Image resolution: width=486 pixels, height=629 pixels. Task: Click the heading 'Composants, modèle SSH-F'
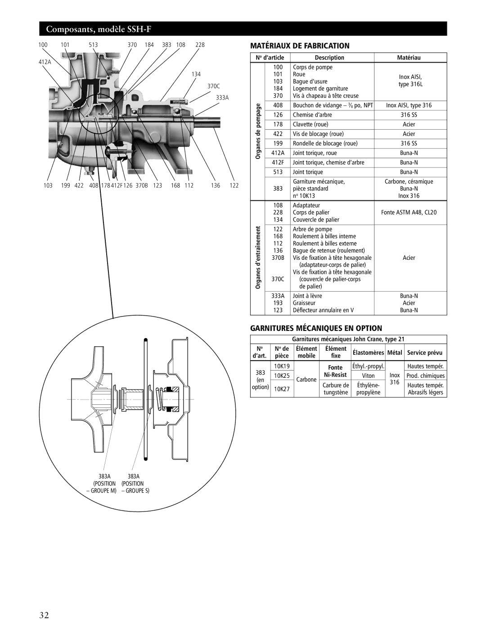pyautogui.click(x=99, y=29)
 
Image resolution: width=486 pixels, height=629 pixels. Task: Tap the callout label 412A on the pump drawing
pyautogui.click(x=45, y=62)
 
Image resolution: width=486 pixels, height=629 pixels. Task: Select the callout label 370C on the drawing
pyautogui.click(x=214, y=86)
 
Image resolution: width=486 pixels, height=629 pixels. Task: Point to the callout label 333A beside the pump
pyautogui.click(x=222, y=98)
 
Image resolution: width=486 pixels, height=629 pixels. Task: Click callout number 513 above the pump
pyautogui.click(x=93, y=45)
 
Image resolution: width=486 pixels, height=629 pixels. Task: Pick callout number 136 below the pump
pyautogui.click(x=216, y=186)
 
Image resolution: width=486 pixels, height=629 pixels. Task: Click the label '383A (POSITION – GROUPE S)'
pyautogui.click(x=134, y=484)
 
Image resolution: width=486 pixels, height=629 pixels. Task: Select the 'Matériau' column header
pyautogui.click(x=409, y=58)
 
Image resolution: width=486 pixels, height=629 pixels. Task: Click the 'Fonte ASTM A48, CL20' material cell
pyautogui.click(x=409, y=213)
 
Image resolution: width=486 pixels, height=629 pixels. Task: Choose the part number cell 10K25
pyautogui.click(x=282, y=376)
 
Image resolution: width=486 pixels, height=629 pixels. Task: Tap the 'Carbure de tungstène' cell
pyautogui.click(x=336, y=389)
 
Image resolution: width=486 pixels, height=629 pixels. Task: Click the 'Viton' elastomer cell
pyautogui.click(x=368, y=376)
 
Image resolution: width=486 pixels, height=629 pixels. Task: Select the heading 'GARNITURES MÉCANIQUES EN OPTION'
pyautogui.click(x=316, y=328)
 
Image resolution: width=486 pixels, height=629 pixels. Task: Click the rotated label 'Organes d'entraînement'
pyautogui.click(x=258, y=258)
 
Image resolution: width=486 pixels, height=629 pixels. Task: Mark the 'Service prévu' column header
pyautogui.click(x=425, y=353)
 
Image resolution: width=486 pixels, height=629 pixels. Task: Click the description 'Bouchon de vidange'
pyautogui.click(x=313, y=105)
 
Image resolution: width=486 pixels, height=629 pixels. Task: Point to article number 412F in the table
pyautogui.click(x=278, y=163)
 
